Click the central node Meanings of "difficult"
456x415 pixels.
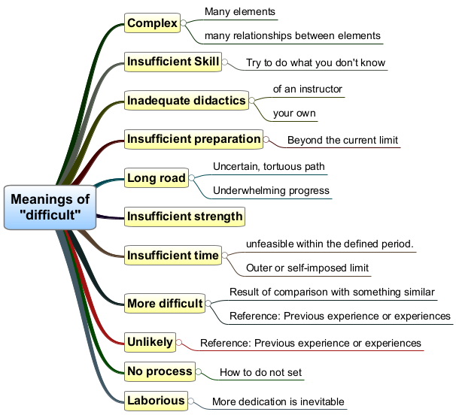pyautogui.click(x=50, y=207)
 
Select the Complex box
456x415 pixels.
pyautogui.click(x=152, y=23)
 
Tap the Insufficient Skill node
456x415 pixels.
pyautogui.click(x=173, y=62)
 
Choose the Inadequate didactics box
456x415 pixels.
pyautogui.click(x=187, y=101)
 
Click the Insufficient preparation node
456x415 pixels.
pyautogui.click(x=193, y=139)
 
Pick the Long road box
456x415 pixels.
pyautogui.click(x=157, y=178)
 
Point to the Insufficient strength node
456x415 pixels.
pyautogui.click(x=184, y=217)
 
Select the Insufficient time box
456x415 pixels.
pyautogui.click(x=173, y=255)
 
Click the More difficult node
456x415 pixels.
pyautogui.click(x=165, y=304)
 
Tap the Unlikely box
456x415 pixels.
pyautogui.click(x=150, y=342)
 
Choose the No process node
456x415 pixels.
pyautogui.click(x=160, y=371)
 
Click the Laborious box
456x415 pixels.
pyautogui.click(x=156, y=401)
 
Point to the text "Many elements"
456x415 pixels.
pyautogui.click(x=240, y=11)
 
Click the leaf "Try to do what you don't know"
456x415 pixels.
pyautogui.click(x=315, y=62)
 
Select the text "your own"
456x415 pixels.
pyautogui.click(x=294, y=113)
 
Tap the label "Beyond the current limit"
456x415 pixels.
pyautogui.click(x=342, y=140)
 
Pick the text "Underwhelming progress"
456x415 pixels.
pyautogui.click(x=271, y=191)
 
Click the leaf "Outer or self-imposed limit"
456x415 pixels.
pyautogui.click(x=308, y=268)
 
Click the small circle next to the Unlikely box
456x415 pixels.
pyautogui.click(x=179, y=342)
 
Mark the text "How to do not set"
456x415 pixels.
pyautogui.click(x=261, y=372)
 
